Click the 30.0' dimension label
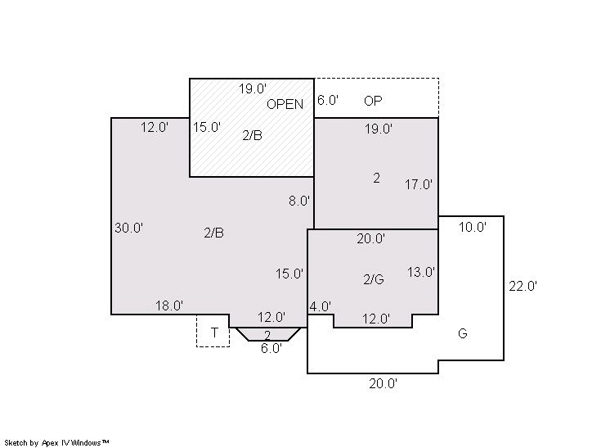pos(128,228)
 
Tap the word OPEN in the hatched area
pos(285,104)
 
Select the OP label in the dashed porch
pos(373,101)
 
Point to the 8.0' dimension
pos(299,201)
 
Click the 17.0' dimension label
pos(419,184)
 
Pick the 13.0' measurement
pos(421,272)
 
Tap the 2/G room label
pos(374,279)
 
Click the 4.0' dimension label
pos(321,306)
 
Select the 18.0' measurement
pos(169,305)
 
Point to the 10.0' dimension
pos(473,227)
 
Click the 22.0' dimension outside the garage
pos(523,286)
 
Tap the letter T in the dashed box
pos(214,333)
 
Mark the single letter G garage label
pos(463,333)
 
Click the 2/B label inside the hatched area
pos(252,135)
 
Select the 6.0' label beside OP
pos(328,100)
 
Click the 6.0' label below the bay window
pos(271,348)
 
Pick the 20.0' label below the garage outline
pos(383,384)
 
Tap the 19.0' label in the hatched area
pos(253,88)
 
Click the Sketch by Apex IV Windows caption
pos(56,443)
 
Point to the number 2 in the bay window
pos(267,335)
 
